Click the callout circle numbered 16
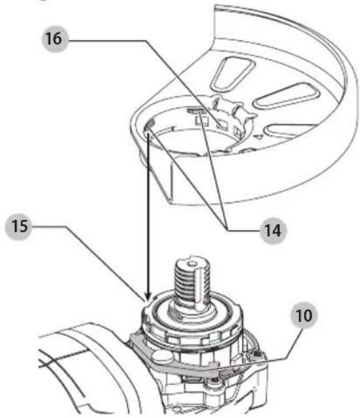pos(55,39)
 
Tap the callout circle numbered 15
pos(18,227)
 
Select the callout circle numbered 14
pos(273,231)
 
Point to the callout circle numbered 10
pos(303,315)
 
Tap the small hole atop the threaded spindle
pos(191,264)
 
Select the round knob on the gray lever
pos(162,356)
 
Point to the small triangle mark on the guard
pos(258,137)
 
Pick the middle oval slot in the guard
pos(287,96)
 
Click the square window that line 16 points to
pos(222,125)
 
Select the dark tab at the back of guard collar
pos(194,110)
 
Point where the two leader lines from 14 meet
pos(227,229)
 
